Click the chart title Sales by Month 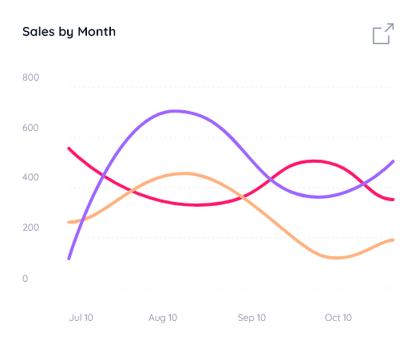pos(69,32)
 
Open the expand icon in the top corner pos(382,34)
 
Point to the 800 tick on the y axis pos(31,77)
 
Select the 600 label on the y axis pos(31,128)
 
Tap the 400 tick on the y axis pos(31,177)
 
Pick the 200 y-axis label pos(31,228)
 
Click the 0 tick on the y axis pos(25,279)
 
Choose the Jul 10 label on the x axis pos(81,318)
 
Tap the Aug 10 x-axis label pos(163,318)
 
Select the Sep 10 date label pos(251,318)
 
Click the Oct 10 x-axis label pos(338,318)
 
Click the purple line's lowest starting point pos(69,258)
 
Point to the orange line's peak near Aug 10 pos(184,173)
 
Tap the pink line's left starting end pos(69,148)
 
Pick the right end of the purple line pos(393,162)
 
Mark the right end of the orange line pos(393,239)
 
